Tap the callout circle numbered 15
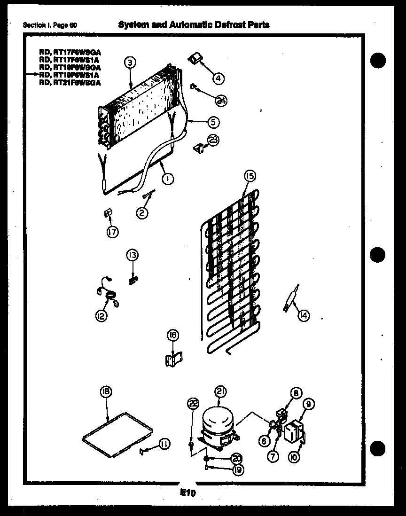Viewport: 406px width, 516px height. pos(249,176)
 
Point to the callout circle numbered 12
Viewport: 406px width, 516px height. pos(101,316)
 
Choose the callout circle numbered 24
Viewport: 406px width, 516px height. pos(221,100)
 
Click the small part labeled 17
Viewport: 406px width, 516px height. pos(107,214)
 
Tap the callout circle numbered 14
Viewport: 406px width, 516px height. pos(304,316)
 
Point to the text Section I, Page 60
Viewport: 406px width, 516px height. pos(50,25)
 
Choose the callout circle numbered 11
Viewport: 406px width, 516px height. pos(164,443)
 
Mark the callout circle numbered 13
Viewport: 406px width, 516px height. pos(132,255)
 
